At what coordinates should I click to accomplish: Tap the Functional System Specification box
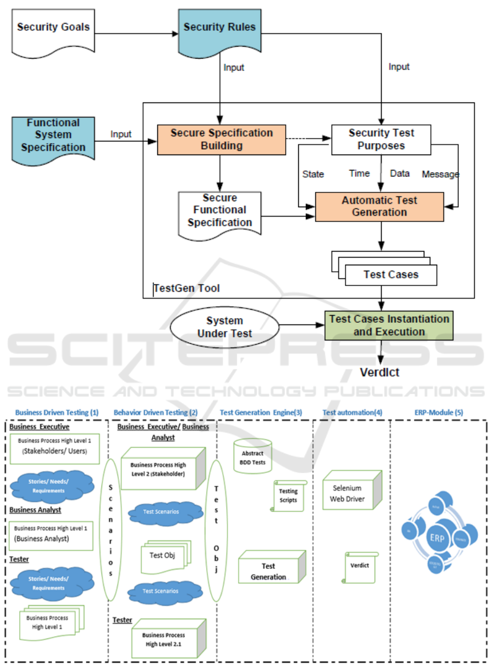[53, 135]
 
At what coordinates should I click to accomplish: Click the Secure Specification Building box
[221, 139]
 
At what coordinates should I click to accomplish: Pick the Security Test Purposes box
[381, 139]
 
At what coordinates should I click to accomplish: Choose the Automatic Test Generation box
[379, 207]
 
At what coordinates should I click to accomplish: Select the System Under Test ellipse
[225, 327]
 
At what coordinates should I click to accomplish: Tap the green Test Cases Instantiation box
[389, 325]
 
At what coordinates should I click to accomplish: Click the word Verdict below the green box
[379, 373]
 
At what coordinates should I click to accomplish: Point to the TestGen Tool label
[187, 288]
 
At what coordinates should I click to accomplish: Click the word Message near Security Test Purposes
[440, 174]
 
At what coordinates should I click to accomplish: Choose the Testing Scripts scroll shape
[288, 496]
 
